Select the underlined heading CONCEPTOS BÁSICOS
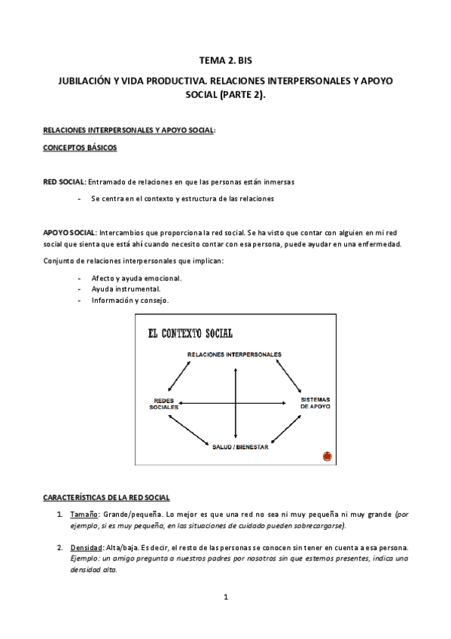(x=79, y=148)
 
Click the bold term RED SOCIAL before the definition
(x=64, y=182)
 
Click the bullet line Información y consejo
(x=130, y=300)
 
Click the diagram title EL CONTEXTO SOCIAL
(x=190, y=333)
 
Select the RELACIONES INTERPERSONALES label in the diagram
(x=234, y=353)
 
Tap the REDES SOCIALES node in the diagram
(x=163, y=403)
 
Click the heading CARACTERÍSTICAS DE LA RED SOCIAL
(x=106, y=497)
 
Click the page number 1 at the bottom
(x=225, y=598)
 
